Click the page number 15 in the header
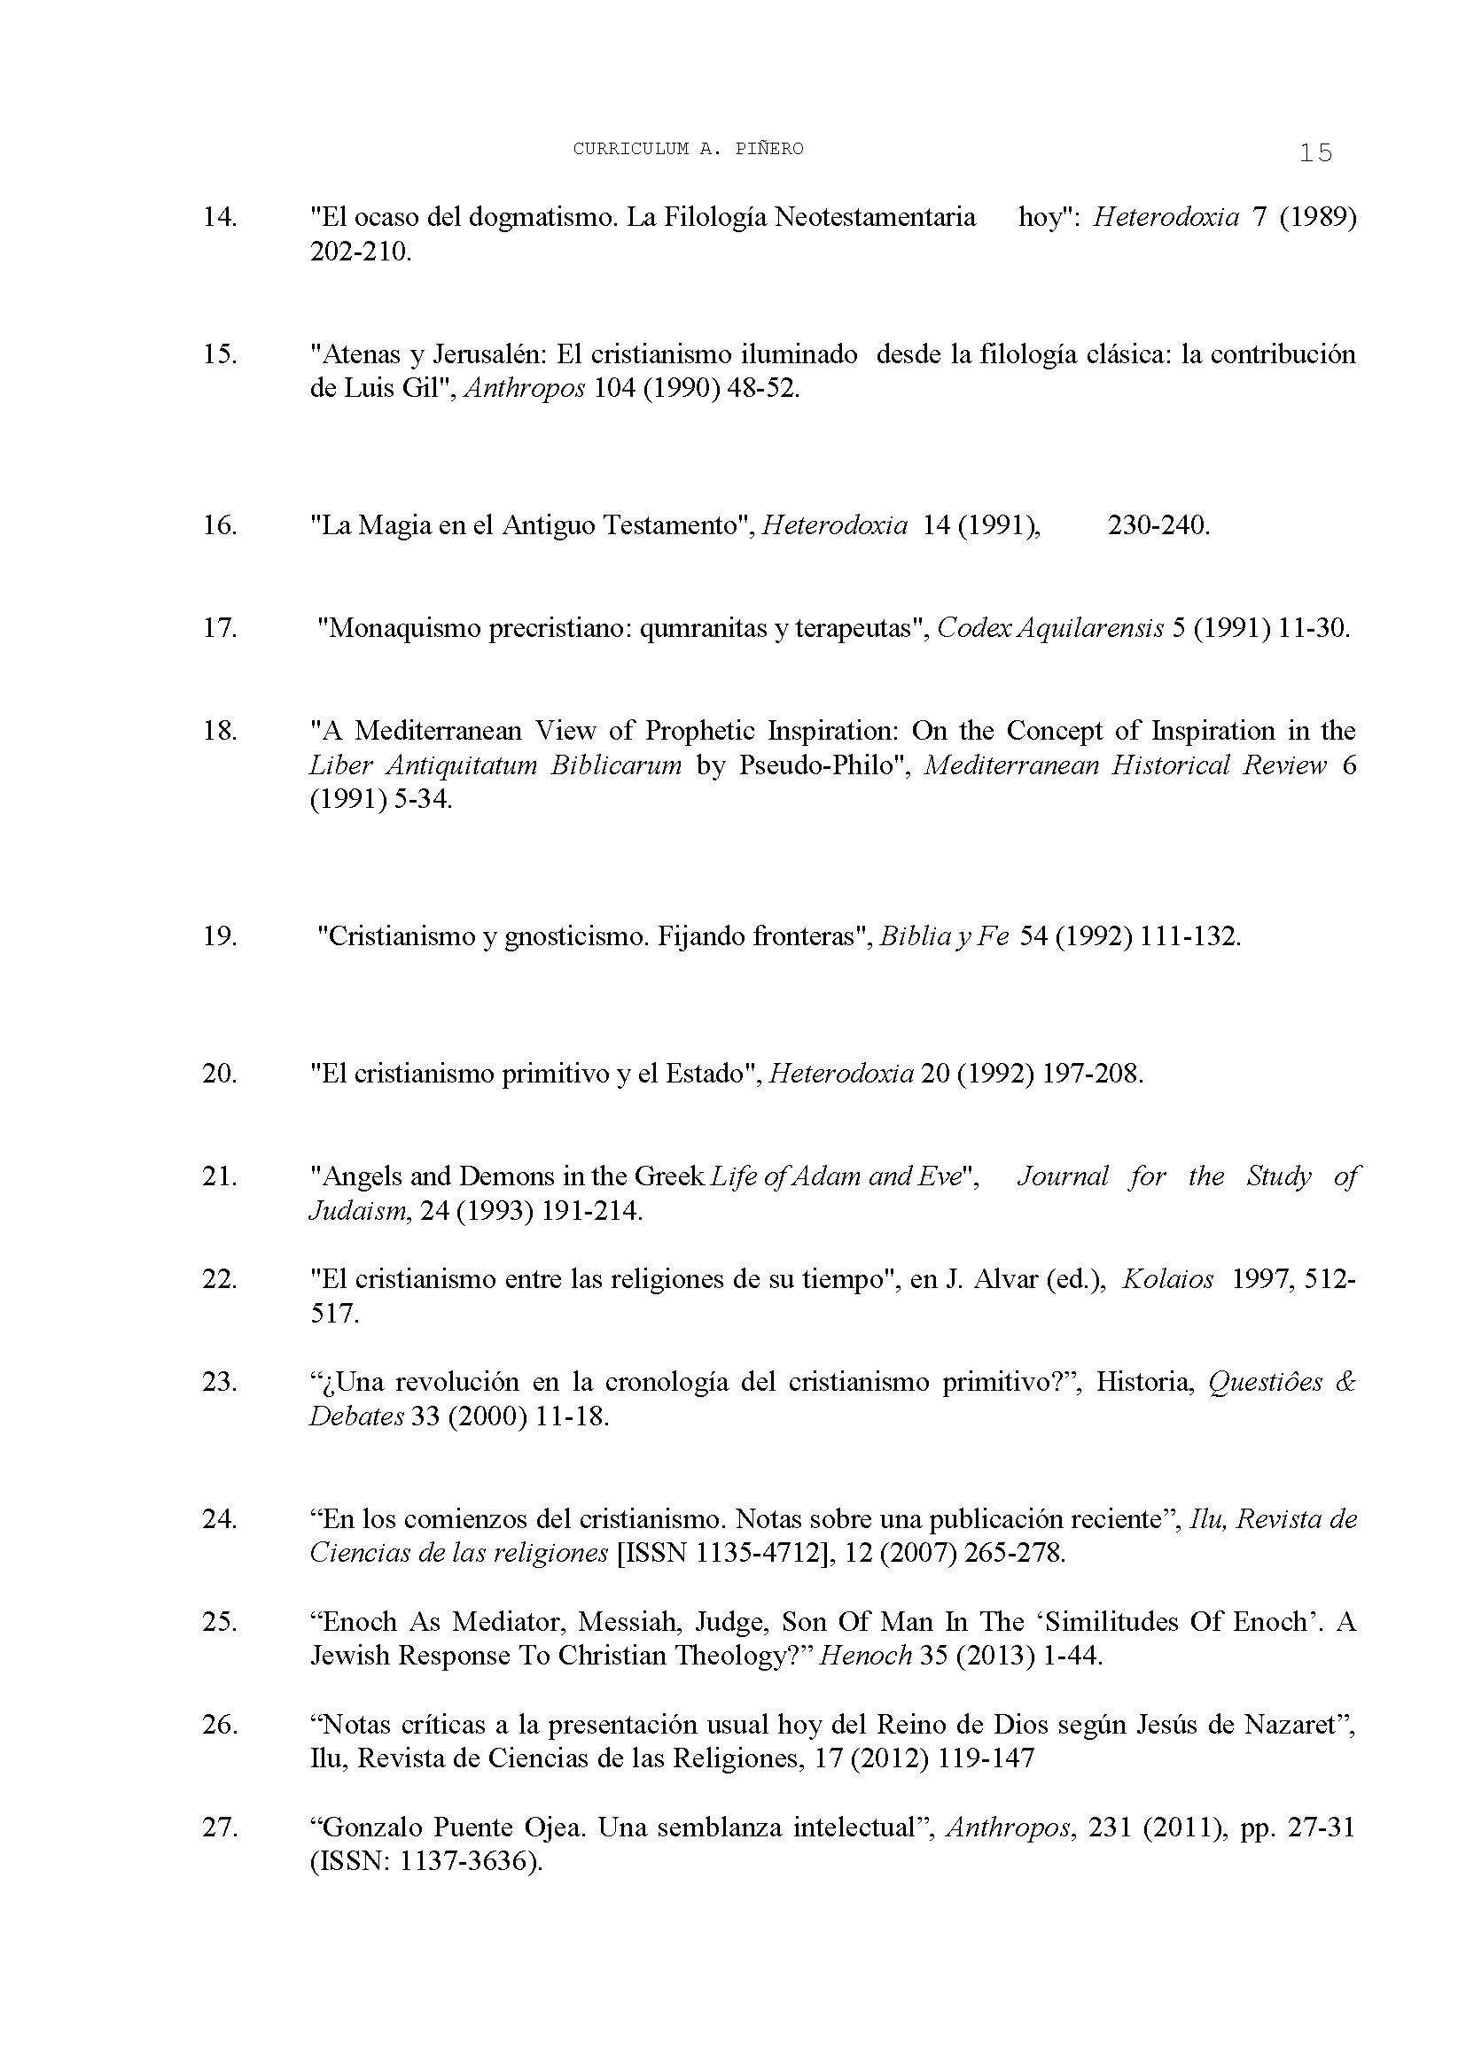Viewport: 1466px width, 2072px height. point(1315,153)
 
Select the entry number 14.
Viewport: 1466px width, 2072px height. point(219,218)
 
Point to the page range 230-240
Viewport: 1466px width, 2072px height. point(1158,525)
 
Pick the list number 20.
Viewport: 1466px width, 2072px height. point(219,1074)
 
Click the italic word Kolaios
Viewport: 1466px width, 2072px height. point(1167,1280)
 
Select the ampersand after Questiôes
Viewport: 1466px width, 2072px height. point(1345,1383)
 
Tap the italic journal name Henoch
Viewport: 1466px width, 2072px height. point(865,1657)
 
